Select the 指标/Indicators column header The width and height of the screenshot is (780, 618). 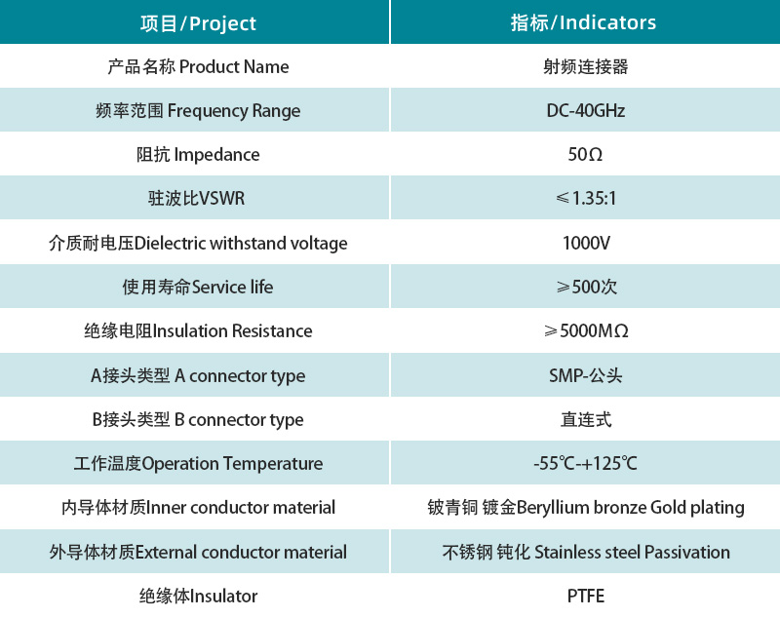pyautogui.click(x=584, y=22)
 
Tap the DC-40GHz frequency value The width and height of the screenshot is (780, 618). pyautogui.click(x=585, y=110)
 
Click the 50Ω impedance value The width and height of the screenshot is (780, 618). pyautogui.click(x=585, y=154)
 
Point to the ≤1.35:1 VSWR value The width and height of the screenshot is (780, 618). pyautogui.click(x=585, y=199)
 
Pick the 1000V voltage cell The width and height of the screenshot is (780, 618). pyautogui.click(x=585, y=243)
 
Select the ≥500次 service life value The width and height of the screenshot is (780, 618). pyautogui.click(x=585, y=287)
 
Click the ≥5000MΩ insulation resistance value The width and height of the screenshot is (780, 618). pyautogui.click(x=585, y=330)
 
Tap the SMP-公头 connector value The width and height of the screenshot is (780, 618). pyautogui.click(x=585, y=375)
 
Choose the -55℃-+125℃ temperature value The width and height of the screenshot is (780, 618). pyautogui.click(x=585, y=463)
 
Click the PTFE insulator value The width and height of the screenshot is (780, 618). pyautogui.click(x=585, y=596)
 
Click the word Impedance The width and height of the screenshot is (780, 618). pyautogui.click(x=216, y=154)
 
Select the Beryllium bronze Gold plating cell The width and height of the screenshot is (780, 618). pyautogui.click(x=585, y=507)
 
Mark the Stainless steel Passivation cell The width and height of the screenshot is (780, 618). pyautogui.click(x=585, y=552)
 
